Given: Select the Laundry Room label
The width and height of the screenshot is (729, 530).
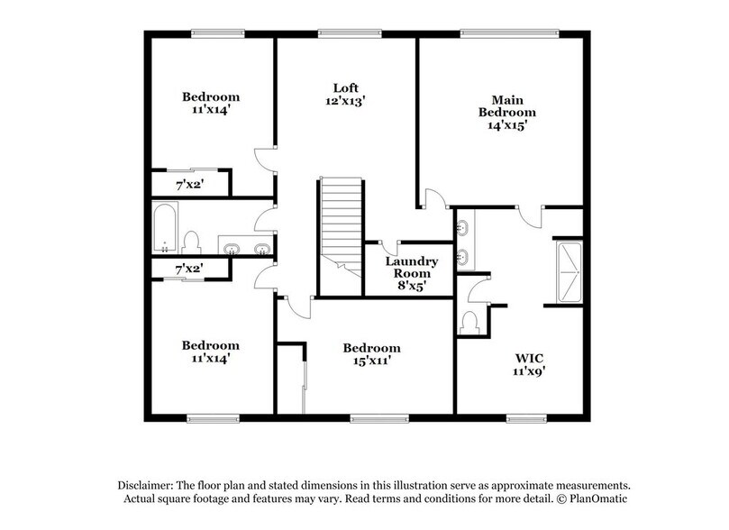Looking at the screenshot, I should (412, 268).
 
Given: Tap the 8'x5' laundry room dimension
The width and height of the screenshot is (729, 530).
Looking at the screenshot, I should (412, 288).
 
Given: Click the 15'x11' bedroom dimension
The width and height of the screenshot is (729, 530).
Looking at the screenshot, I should (371, 362).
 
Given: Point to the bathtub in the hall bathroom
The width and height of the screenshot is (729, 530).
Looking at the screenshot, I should (165, 229).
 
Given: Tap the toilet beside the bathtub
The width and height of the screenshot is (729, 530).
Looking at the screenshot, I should (190, 242).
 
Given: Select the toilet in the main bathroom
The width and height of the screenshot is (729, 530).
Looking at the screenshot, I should (469, 323).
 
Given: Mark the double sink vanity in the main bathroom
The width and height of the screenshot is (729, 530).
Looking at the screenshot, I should (464, 241).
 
